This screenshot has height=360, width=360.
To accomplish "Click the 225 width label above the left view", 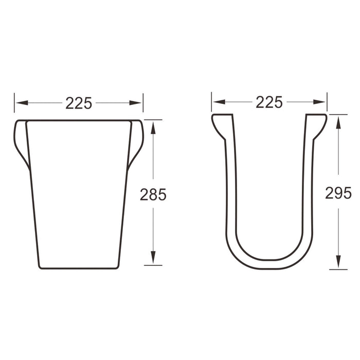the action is (79, 103).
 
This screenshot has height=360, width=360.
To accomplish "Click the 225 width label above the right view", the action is (269, 102).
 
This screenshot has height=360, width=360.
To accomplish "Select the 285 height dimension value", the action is (153, 194).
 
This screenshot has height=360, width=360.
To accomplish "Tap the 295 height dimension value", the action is (338, 193).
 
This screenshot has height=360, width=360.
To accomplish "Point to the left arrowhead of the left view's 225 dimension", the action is (22, 103).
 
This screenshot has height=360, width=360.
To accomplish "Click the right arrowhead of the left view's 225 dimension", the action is (135, 103).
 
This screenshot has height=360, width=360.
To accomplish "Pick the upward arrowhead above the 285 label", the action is (153, 128).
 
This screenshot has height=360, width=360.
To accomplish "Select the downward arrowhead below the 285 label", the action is (153, 257).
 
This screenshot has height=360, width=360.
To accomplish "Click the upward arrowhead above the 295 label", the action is (338, 122).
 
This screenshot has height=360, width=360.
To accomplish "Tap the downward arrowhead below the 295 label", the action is (338, 261).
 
